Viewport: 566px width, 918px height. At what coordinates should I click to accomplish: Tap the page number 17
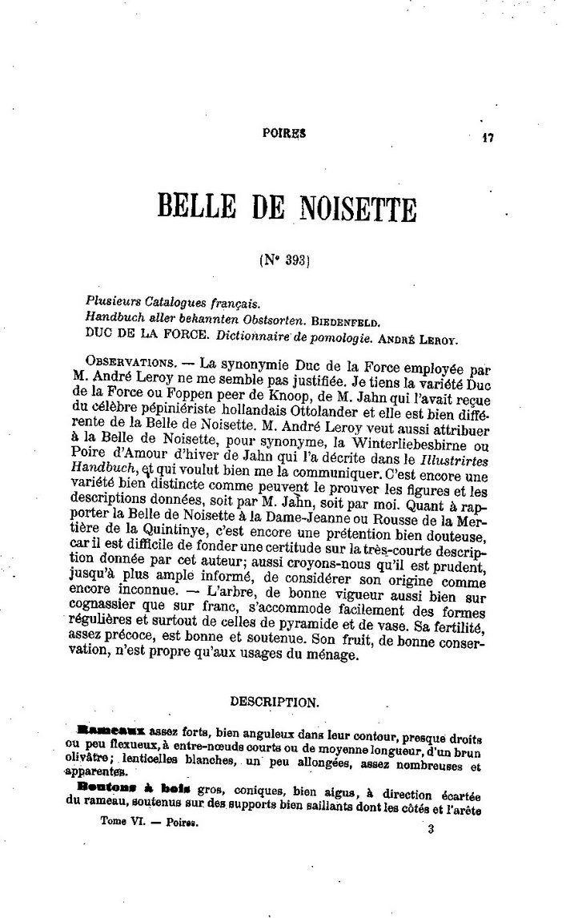[488, 137]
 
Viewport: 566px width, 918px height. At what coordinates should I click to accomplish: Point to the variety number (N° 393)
[284, 260]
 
